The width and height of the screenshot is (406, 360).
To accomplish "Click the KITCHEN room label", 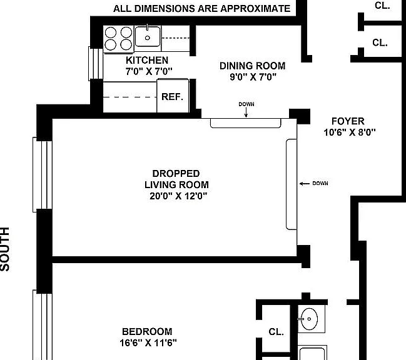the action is pos(147,60).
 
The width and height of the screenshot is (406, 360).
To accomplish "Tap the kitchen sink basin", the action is pos(148,36).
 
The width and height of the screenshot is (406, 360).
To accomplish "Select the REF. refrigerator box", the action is pos(173,96).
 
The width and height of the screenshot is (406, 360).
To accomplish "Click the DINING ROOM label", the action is pos(253,66).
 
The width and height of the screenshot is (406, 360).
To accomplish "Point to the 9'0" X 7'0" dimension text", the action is pos(253,77).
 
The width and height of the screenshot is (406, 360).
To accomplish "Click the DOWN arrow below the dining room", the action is pos(246,112).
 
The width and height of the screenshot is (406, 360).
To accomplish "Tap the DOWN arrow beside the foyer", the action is pos(305,184).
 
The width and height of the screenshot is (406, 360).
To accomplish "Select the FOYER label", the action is pos(348,121).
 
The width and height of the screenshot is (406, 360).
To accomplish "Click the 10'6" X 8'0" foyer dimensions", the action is pos(350,132).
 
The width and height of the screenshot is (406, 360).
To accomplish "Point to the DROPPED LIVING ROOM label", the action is pos(176,179).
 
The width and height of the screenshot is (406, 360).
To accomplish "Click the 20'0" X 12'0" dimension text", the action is pos(178,196).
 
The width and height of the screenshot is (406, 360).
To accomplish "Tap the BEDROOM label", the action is pos(147,331).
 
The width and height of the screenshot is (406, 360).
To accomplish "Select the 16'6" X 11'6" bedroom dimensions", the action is pos(148,343).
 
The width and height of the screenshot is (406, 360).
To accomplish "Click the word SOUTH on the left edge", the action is pos(5,249).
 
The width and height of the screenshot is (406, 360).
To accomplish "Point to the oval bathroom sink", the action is pos(309,319).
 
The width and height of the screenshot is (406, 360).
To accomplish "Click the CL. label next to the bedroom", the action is pos(276,332).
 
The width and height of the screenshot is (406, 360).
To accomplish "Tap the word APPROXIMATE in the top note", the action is pos(255,9).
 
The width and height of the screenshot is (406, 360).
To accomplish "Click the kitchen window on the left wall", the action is pos(96,64).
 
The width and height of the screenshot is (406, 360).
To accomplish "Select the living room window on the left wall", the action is pos(43,175).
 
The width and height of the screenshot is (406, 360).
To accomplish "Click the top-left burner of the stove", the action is pos(111,32).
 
